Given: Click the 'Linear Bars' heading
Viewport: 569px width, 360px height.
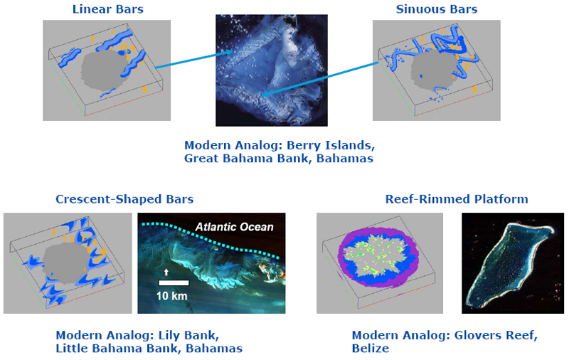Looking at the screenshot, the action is tap(108, 9).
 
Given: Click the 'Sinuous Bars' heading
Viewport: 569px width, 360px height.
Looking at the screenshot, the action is tap(437, 9).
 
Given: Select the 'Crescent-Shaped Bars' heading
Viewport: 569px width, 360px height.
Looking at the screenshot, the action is tap(124, 199).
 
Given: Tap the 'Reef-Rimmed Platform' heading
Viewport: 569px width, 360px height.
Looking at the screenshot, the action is tap(457, 199).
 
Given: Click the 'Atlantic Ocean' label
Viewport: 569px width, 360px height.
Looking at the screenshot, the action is tap(234, 227).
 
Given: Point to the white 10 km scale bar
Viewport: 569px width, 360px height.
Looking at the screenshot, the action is tap(174, 282).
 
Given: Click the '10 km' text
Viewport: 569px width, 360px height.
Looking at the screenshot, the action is tap(171, 296).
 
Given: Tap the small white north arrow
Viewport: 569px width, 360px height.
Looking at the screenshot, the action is tap(166, 272).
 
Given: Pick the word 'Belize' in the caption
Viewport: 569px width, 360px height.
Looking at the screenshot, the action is tap(370, 349).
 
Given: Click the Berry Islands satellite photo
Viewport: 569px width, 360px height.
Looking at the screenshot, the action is tap(272, 70).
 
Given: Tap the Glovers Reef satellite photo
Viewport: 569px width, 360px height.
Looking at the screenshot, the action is tap(513, 263).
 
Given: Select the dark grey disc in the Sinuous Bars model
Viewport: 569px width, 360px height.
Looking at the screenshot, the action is tap(434, 70).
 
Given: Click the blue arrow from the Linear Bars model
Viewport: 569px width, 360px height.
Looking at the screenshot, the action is tap(194, 60).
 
